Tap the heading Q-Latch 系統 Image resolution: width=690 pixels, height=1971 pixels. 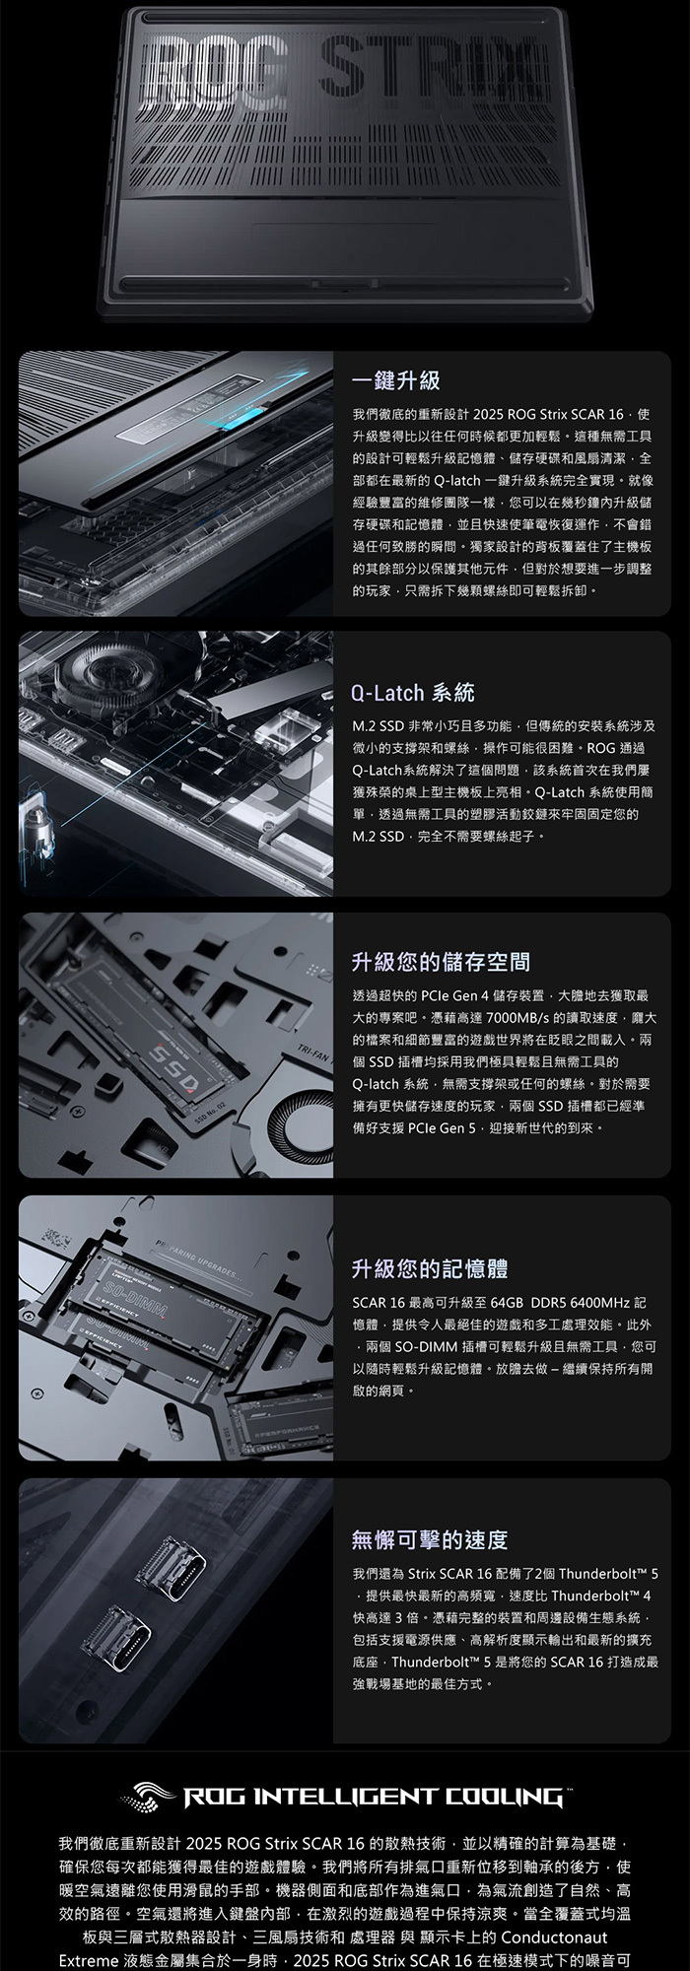click(x=412, y=693)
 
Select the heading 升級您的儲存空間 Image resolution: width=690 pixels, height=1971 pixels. click(x=441, y=961)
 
